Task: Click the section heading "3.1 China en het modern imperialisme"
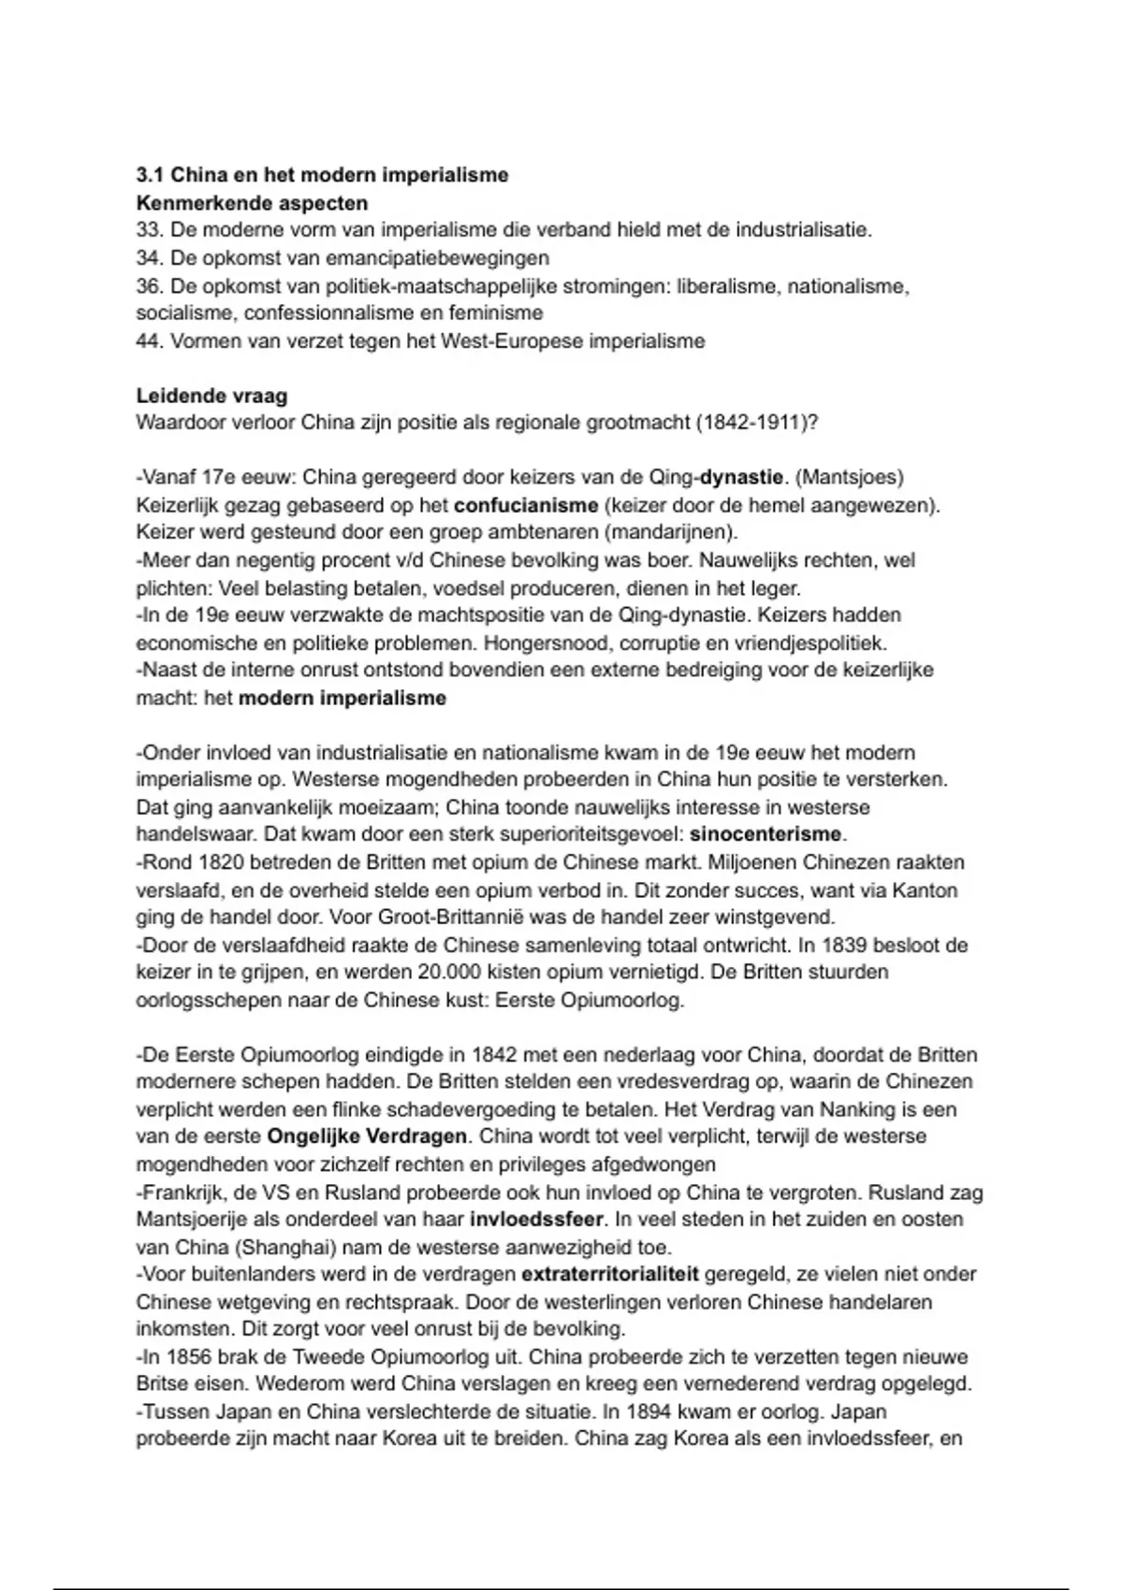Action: [x=322, y=175]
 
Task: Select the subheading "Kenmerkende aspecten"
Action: [x=252, y=203]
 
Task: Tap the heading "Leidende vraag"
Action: [x=211, y=396]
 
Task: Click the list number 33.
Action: [x=149, y=230]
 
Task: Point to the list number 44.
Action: [x=149, y=340]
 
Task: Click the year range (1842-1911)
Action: [x=757, y=423]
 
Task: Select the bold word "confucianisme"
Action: [x=526, y=506]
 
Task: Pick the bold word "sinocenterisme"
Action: [x=766, y=834]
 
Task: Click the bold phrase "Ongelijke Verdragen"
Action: [x=367, y=1137]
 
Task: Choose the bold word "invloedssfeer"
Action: [x=537, y=1220]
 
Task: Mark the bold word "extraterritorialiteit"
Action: [x=610, y=1275]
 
